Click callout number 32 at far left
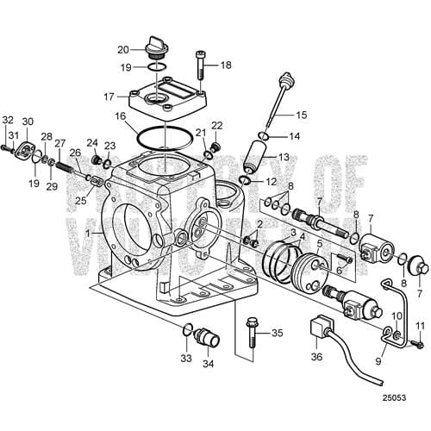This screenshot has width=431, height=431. pyautogui.click(x=8, y=120)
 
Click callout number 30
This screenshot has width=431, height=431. pyautogui.click(x=28, y=122)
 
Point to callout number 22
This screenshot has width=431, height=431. pyautogui.click(x=217, y=126)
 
